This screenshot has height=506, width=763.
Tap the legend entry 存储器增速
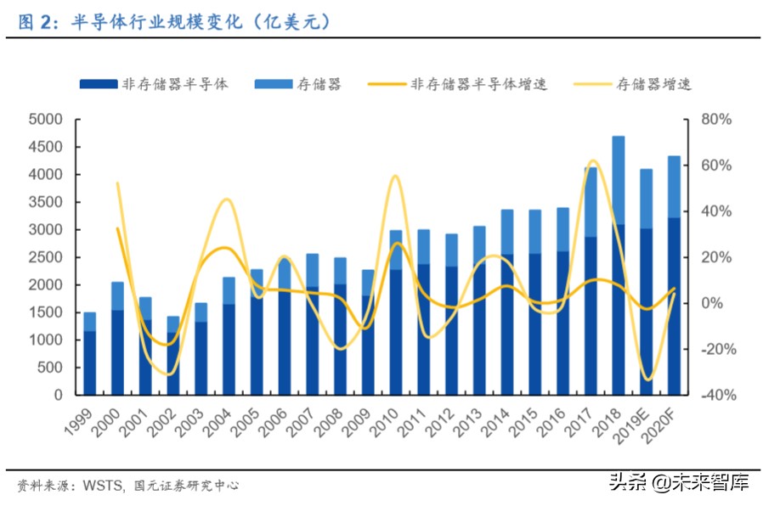click(x=652, y=84)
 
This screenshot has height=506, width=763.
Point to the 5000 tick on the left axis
click(x=46, y=120)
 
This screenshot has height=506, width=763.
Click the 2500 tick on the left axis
click(x=46, y=257)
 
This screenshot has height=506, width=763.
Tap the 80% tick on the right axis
click(x=715, y=120)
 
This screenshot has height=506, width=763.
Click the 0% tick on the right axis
click(x=710, y=303)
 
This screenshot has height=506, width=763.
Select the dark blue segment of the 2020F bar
click(x=673, y=306)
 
